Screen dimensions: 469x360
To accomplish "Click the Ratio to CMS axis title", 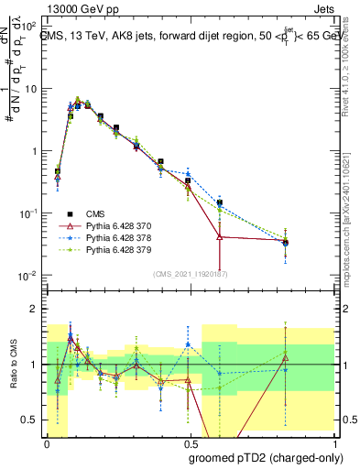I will point(12,365).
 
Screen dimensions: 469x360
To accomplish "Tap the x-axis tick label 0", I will point(47,442).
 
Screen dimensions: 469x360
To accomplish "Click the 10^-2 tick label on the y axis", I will point(29,276).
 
